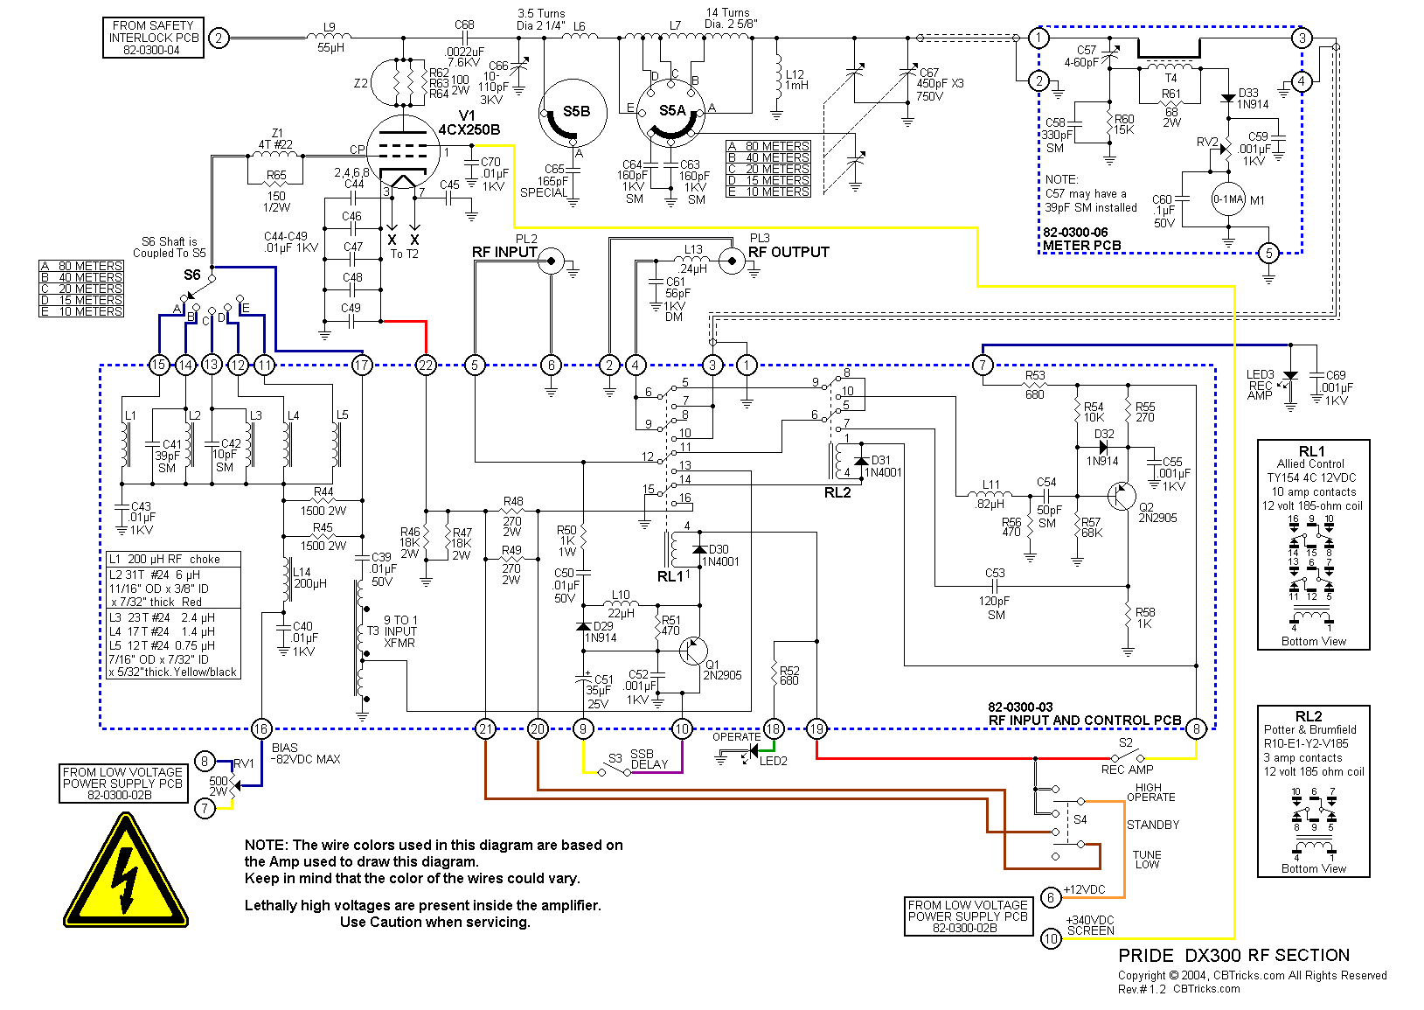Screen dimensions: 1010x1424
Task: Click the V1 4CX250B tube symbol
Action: [x=402, y=154]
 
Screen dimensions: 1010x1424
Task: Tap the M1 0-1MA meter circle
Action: [x=1227, y=200]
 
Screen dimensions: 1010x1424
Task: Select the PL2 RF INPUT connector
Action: [x=551, y=261]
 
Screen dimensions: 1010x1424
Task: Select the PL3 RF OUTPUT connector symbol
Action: [x=732, y=261]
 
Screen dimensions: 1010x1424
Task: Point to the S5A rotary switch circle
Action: [x=671, y=111]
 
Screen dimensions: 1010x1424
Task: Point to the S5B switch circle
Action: [x=573, y=113]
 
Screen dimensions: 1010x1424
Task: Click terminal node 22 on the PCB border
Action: [x=426, y=365]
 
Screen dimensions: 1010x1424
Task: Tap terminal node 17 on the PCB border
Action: [x=362, y=365]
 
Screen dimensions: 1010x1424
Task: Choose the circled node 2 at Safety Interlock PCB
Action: [x=219, y=38]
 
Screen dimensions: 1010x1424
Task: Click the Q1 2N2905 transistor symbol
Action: [x=694, y=650]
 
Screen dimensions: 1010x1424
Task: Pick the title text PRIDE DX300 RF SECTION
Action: [x=1233, y=956]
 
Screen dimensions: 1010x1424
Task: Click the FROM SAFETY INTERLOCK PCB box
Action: [x=153, y=38]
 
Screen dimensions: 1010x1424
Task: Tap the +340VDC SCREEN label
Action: [x=1090, y=925]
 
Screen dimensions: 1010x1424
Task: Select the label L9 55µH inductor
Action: [x=330, y=38]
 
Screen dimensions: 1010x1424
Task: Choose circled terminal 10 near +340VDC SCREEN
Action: [x=1051, y=938]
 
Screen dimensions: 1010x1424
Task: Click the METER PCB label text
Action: [x=1081, y=246]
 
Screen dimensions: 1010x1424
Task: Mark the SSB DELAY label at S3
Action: [x=648, y=759]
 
